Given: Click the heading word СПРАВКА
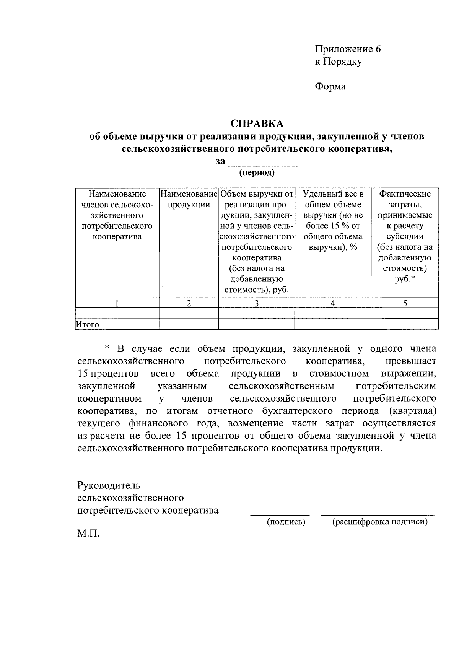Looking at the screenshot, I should click(x=257, y=124).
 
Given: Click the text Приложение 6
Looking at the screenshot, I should click(x=348, y=49).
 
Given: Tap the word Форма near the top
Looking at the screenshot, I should click(x=330, y=86).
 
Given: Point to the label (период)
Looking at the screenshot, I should click(x=257, y=172).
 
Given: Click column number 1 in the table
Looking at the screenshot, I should click(x=117, y=303).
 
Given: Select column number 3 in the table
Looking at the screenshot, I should click(x=256, y=303).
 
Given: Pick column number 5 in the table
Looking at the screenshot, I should click(x=405, y=303).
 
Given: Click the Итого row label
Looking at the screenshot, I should click(x=88, y=324).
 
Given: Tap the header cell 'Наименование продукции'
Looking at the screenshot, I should click(x=189, y=199).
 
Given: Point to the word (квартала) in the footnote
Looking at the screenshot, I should click(x=412, y=411).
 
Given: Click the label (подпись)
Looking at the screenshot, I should click(x=286, y=522).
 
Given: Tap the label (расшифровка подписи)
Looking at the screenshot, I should click(x=380, y=522).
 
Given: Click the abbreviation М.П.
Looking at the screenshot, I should click(x=88, y=534).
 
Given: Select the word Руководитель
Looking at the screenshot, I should click(x=109, y=485).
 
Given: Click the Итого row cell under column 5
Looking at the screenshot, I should click(x=405, y=324).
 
